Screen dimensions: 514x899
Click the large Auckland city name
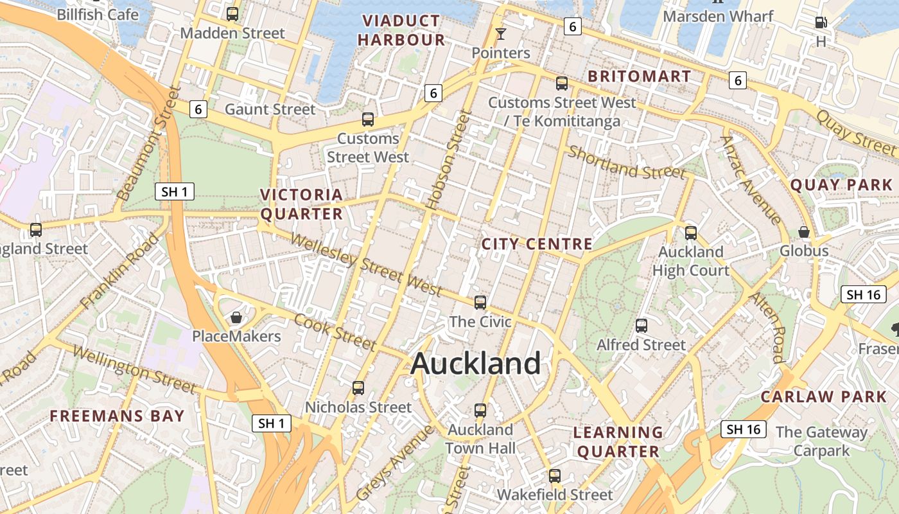pos(476,364)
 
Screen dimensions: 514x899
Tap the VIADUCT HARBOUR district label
pos(401,30)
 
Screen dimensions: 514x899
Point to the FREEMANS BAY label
pos(118,416)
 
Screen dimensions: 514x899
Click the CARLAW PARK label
pos(823,396)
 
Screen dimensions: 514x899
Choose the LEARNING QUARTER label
pos(618,441)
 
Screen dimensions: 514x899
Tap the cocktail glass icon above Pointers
pos(501,33)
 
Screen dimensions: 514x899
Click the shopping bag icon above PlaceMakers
pos(236,317)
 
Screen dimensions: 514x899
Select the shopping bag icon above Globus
pos(803,232)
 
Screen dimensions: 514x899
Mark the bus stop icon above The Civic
pos(480,302)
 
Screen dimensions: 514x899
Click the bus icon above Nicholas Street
pos(358,387)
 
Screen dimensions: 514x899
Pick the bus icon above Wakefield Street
pos(555,476)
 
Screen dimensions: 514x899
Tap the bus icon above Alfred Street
pos(641,326)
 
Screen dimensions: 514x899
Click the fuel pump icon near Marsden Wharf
pos(821,22)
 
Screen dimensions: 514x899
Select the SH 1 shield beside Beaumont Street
pos(174,191)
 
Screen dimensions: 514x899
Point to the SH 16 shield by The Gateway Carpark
pos(744,429)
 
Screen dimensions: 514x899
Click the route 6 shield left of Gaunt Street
pos(199,110)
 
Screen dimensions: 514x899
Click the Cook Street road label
pos(335,332)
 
